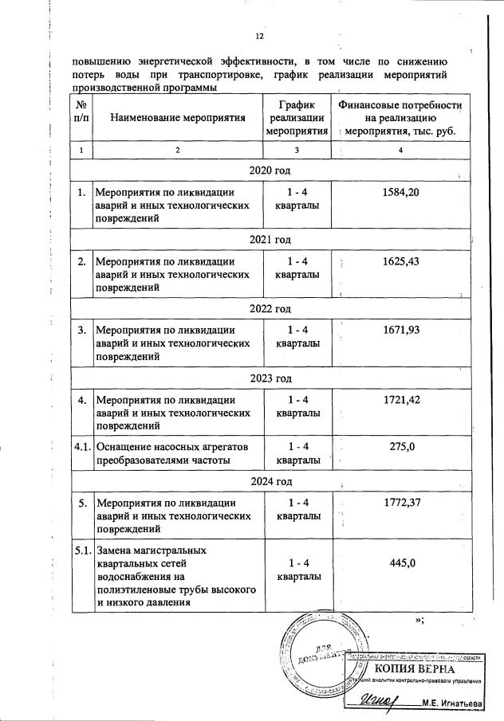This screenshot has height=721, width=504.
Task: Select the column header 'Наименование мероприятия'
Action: [178, 117]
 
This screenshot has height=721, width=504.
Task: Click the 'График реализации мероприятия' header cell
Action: [296, 117]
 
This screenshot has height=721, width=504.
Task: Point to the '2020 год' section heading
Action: [277, 170]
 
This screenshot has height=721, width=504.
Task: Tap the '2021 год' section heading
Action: [277, 239]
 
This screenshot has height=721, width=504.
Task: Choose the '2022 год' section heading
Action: [277, 308]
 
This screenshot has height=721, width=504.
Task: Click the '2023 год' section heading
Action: [277, 378]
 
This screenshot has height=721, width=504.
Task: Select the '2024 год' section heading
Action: [277, 481]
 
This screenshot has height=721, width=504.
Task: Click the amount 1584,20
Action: [401, 192]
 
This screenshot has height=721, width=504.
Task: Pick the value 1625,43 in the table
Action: [401, 261]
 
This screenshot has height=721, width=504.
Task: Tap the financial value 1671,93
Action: [401, 330]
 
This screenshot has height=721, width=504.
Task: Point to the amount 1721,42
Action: [401, 399]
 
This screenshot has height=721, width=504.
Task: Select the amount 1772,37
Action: [401, 503]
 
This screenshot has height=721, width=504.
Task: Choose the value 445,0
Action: [401, 563]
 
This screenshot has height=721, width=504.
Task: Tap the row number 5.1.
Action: [82, 551]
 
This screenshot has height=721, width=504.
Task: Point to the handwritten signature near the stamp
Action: [376, 700]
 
